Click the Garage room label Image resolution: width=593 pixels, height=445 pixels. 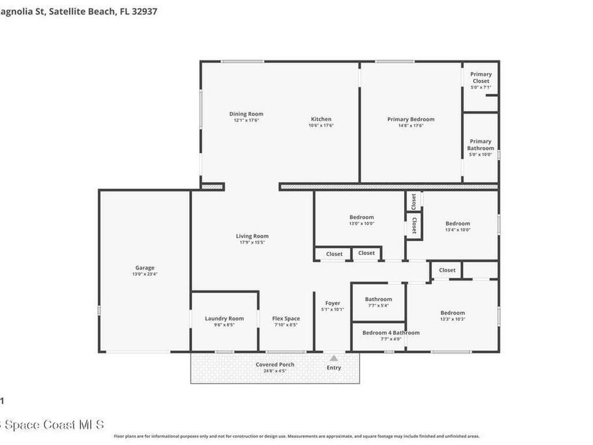145,268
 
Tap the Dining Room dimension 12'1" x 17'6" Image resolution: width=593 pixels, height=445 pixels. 246,121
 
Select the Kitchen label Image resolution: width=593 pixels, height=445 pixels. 321,119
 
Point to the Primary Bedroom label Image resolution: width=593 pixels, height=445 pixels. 411,119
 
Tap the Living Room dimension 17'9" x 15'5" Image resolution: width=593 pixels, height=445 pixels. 252,243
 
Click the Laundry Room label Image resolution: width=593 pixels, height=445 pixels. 224,318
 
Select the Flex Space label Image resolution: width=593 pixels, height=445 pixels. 286,318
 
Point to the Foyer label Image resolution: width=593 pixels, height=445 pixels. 332,303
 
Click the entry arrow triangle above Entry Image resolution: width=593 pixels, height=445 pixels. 334,359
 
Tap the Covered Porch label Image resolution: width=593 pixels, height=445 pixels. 275,364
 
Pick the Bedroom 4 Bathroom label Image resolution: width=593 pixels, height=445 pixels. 391,333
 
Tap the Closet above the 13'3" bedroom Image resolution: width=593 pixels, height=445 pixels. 447,270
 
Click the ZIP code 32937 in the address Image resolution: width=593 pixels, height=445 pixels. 144,10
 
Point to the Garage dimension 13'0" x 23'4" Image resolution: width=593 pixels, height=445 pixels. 145,274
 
